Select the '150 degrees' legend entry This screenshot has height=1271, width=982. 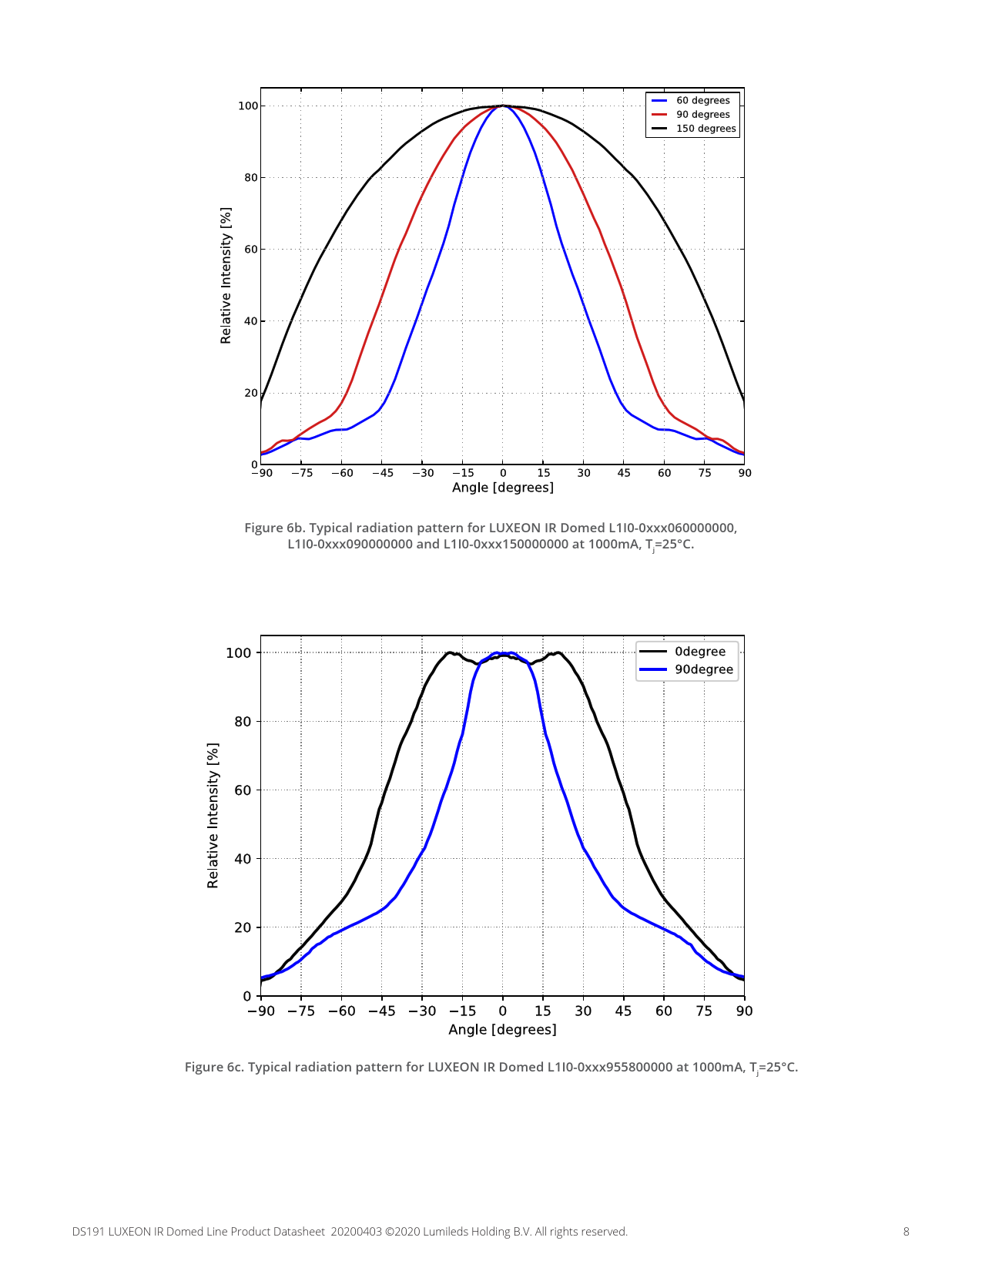point(705,129)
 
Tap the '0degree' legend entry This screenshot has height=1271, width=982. point(699,652)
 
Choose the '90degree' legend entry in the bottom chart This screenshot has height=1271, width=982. point(703,669)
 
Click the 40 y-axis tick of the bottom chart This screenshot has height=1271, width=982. point(243,859)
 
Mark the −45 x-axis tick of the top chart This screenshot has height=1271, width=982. point(382,473)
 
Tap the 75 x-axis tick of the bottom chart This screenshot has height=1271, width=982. point(704,1011)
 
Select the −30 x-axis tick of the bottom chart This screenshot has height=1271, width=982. point(422,1011)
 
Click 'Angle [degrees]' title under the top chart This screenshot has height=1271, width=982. point(502,488)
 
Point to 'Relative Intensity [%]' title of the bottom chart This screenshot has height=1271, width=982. point(213,816)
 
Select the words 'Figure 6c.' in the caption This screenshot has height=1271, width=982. point(214,1067)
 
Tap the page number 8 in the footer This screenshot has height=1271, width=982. point(907,1232)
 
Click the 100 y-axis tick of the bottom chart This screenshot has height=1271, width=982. point(239,653)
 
